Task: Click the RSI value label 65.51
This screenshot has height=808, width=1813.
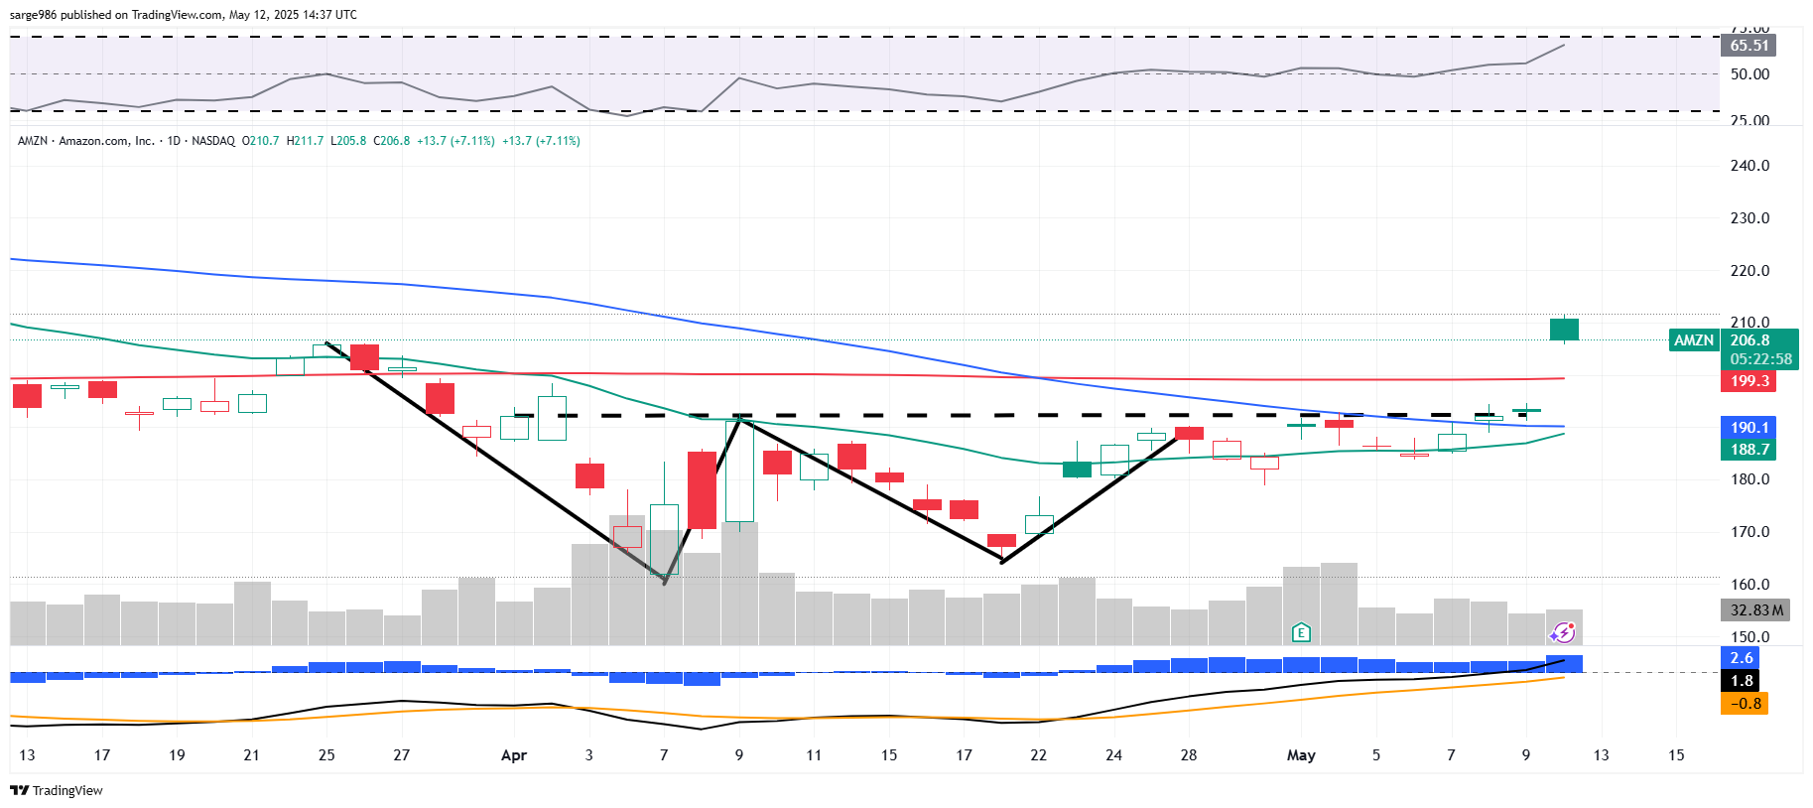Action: (1748, 46)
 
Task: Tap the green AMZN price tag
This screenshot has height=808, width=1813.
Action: (1693, 340)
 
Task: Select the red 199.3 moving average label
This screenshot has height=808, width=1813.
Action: (1748, 381)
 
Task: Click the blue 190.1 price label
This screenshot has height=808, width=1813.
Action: (1748, 428)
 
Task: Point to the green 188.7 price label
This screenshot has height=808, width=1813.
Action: (1748, 450)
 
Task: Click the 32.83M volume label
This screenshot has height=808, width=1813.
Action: (1754, 610)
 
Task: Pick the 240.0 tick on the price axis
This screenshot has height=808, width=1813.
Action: (1749, 166)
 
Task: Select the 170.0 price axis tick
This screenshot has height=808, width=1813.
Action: (1749, 532)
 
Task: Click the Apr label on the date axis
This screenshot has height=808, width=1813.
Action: (514, 755)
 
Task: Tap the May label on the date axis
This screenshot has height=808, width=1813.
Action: (1301, 755)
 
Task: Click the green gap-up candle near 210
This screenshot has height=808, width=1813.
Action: (1564, 330)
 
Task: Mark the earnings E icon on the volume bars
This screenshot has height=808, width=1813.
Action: (1301, 632)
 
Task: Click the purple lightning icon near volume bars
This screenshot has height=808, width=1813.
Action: (1563, 632)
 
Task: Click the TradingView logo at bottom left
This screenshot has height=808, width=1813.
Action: (57, 790)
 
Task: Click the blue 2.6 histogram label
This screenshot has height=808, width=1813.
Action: (1742, 658)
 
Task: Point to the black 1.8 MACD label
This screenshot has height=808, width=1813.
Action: (1742, 681)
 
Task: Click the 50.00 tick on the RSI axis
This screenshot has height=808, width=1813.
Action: (1749, 74)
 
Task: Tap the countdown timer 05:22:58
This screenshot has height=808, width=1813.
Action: (1760, 359)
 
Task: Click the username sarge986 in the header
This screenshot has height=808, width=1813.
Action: (34, 15)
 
